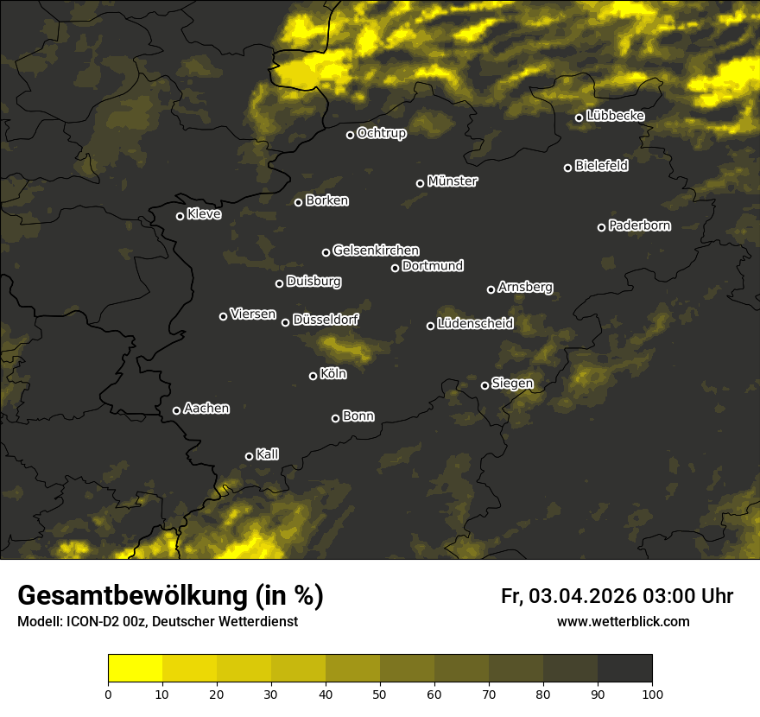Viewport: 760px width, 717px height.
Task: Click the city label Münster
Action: [x=452, y=181]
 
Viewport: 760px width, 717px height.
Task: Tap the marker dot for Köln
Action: [x=313, y=376]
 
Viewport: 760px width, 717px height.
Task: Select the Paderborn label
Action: [x=639, y=225]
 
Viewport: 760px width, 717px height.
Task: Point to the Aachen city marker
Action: [x=176, y=410]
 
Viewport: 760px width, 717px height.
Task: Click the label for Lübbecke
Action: [x=615, y=116]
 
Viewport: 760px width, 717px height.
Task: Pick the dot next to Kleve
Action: [x=180, y=216]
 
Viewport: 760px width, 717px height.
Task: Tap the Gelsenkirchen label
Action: [x=376, y=251]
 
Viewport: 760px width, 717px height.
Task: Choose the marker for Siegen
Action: [x=484, y=385]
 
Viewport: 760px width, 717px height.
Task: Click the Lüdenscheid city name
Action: [x=475, y=324]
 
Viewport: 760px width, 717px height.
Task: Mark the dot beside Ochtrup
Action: [x=350, y=135]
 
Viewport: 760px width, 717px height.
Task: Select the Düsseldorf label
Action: [x=326, y=320]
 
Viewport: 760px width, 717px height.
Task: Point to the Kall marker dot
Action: [x=249, y=456]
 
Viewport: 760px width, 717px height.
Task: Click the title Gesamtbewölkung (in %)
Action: [x=170, y=596]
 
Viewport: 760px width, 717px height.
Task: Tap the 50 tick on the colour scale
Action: [x=380, y=694]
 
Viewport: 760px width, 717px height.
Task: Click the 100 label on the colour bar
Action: [x=652, y=694]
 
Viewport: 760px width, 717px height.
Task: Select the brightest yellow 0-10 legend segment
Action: [x=135, y=668]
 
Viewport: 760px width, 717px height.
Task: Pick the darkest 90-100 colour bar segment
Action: [x=624, y=668]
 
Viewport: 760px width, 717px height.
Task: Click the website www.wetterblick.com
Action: [x=623, y=621]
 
